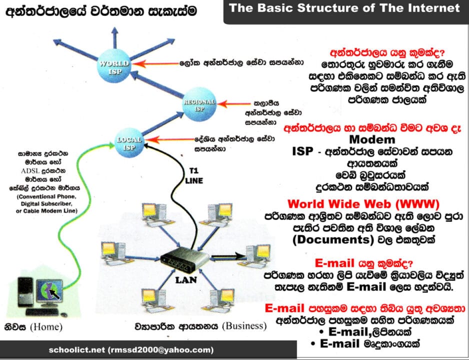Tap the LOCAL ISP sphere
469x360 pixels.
click(130, 141)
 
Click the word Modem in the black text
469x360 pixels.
click(372, 139)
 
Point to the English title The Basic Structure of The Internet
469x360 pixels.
click(344, 8)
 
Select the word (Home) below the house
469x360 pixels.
click(46, 327)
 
